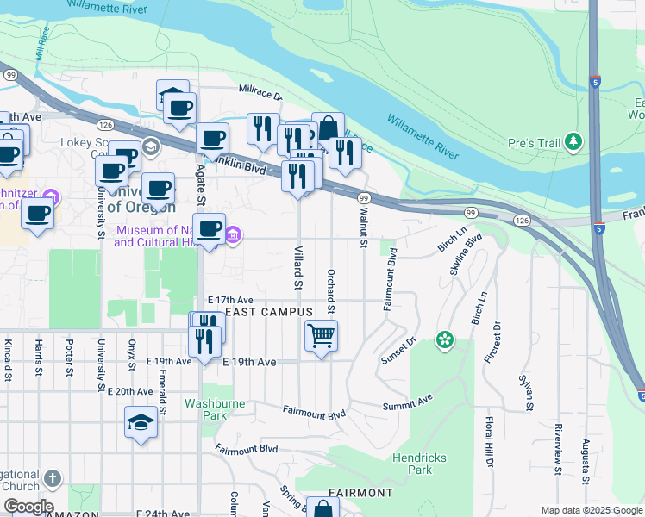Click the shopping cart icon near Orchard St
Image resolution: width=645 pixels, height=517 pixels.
(x=321, y=335)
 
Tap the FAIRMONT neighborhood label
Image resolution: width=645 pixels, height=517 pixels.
(x=360, y=492)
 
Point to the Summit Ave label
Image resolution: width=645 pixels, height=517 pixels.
(x=413, y=402)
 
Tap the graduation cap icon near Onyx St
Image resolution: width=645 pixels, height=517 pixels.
(x=141, y=422)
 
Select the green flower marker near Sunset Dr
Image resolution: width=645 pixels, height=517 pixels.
(x=445, y=339)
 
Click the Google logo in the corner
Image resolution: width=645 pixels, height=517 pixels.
(x=28, y=507)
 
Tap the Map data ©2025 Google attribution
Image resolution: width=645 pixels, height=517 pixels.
(x=591, y=509)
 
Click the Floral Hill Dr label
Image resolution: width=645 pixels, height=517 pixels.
(x=488, y=441)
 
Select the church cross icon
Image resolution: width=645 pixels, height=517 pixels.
(x=53, y=478)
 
